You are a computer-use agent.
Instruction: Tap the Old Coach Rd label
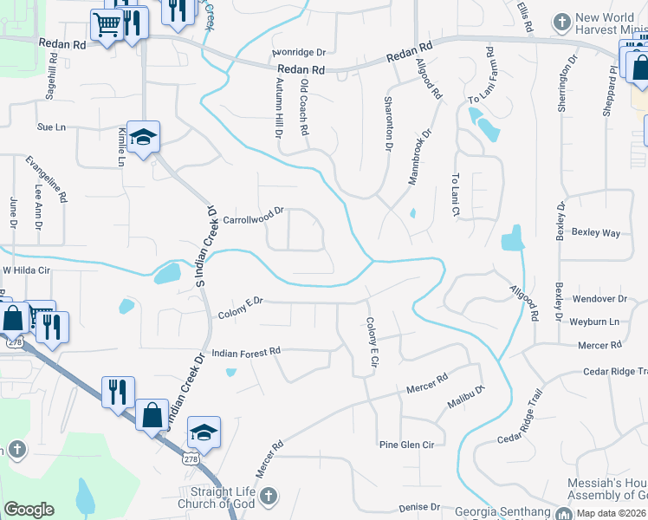[304, 107]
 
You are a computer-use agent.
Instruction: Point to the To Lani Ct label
[455, 194]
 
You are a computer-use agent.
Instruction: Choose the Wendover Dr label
[598, 299]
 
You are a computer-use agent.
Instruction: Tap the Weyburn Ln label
[595, 322]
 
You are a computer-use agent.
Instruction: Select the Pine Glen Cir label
[405, 445]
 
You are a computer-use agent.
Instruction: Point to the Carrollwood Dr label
[254, 216]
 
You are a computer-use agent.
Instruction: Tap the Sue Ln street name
[51, 127]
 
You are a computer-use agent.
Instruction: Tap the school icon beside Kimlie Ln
[144, 135]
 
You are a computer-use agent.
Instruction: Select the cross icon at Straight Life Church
[269, 496]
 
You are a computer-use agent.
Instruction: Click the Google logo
[29, 510]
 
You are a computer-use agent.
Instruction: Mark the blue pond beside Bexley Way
[513, 237]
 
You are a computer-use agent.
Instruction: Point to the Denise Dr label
[419, 508]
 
